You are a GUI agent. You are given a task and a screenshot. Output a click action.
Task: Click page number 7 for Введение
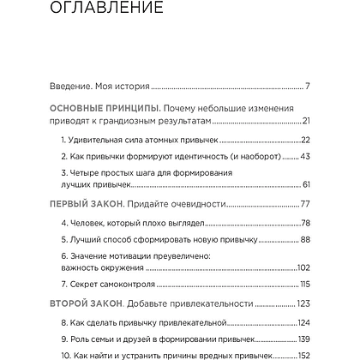tap(307, 87)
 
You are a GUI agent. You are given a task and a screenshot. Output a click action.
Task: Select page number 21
tap(304, 121)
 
